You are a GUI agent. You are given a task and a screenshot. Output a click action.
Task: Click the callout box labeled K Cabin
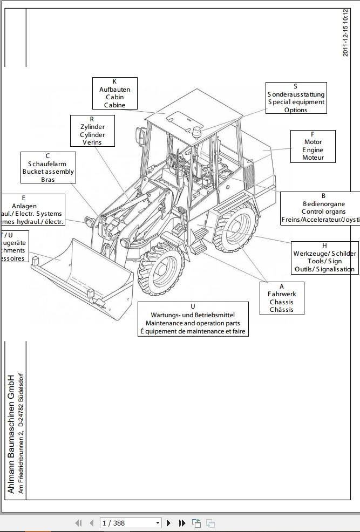coord(114,93)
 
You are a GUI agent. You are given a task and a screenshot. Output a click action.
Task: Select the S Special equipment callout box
coord(295,98)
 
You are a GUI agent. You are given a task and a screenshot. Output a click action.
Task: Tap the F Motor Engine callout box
coord(313,146)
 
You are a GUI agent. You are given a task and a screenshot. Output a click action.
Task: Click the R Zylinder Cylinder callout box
coord(92,131)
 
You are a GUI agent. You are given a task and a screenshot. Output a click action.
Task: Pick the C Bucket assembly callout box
coord(48,167)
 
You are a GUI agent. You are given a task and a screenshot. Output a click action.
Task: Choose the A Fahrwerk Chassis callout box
coord(281,298)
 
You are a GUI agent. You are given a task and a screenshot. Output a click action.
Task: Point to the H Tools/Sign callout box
coord(324,257)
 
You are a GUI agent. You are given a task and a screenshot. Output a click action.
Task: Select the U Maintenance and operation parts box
coord(193,319)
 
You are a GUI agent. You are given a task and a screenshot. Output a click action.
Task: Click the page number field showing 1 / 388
coord(131,523)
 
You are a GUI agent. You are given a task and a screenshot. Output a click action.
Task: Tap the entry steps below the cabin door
coord(198,240)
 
